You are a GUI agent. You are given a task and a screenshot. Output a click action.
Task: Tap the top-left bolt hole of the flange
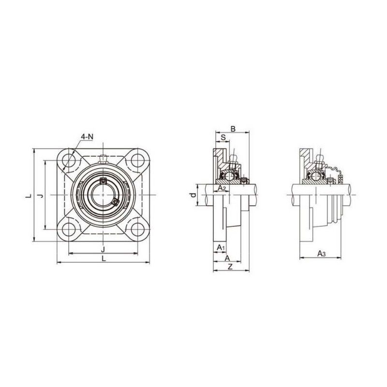click(69, 161)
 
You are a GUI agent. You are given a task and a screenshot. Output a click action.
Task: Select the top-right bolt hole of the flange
click(137, 161)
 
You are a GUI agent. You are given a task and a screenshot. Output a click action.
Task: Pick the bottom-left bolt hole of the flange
click(69, 229)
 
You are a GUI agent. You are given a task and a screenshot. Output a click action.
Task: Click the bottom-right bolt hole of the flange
click(137, 229)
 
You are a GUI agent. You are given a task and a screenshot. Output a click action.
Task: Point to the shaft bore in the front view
click(103, 195)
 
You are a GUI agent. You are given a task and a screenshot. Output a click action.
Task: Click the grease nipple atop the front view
click(103, 159)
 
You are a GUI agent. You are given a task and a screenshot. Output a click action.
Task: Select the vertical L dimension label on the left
click(30, 196)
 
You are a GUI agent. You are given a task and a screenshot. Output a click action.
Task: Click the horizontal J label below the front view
click(103, 249)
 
